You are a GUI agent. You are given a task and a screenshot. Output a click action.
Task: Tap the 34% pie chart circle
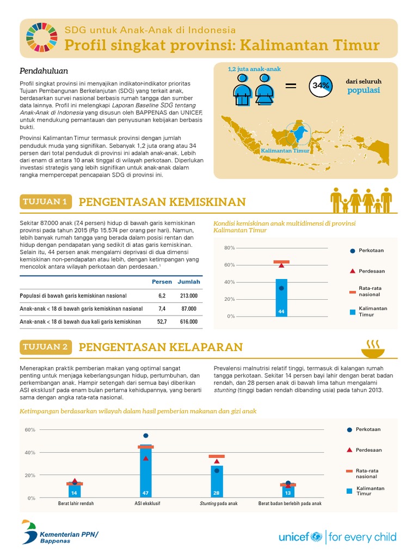pyautogui.click(x=321, y=85)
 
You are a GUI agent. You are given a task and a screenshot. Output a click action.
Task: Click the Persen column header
pyautogui.click(x=162, y=282)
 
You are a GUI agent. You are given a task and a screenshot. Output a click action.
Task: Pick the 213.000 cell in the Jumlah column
pyautogui.click(x=188, y=295)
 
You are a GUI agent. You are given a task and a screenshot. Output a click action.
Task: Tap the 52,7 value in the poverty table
pyautogui.click(x=162, y=322)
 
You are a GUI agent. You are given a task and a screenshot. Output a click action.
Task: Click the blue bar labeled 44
pyautogui.click(x=281, y=298)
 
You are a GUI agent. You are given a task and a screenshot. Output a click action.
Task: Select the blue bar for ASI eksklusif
pyautogui.click(x=145, y=472)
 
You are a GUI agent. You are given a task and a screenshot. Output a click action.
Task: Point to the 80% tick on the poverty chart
pyautogui.click(x=229, y=248)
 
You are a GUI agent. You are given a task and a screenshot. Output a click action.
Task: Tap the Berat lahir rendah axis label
pyautogui.click(x=76, y=504)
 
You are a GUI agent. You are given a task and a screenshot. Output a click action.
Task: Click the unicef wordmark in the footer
pyautogui.click(x=300, y=537)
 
